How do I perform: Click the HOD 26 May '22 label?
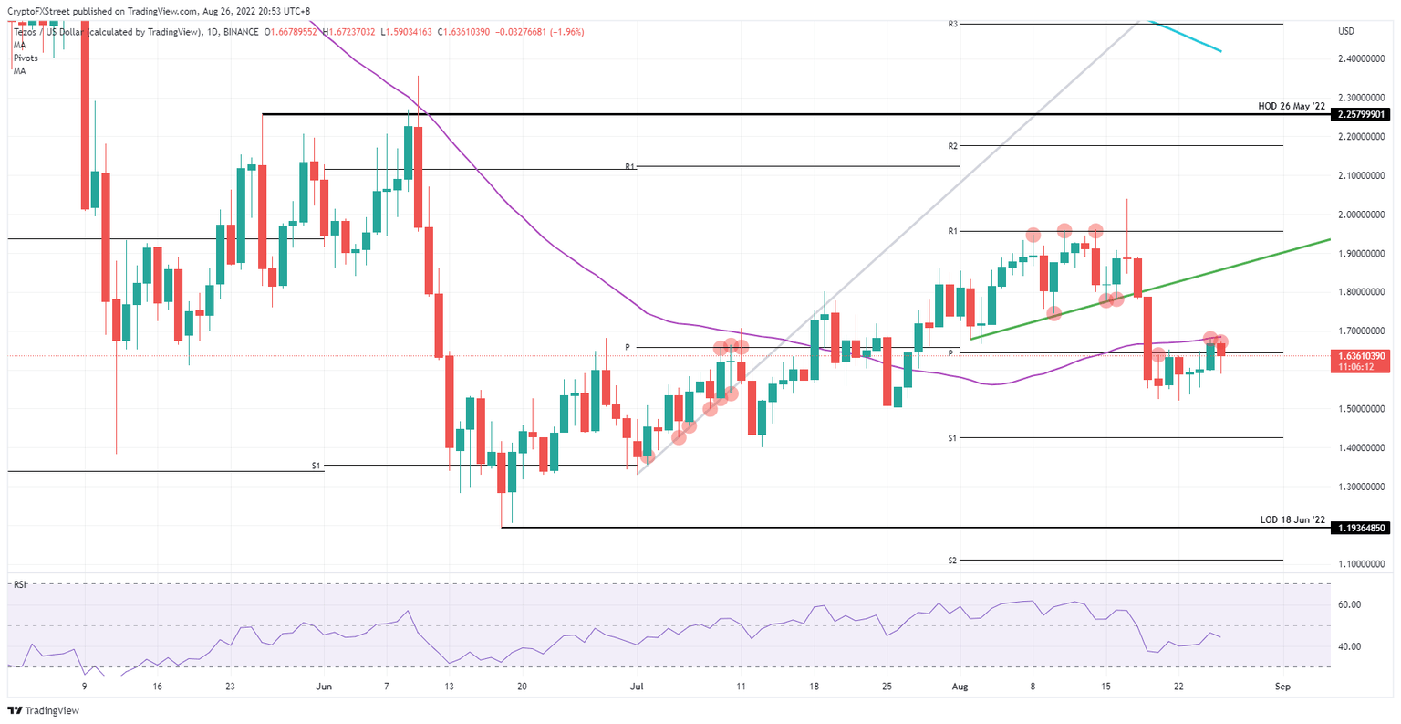click(x=1291, y=106)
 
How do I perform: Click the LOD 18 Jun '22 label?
click(x=1292, y=519)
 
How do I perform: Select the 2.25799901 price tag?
click(x=1362, y=114)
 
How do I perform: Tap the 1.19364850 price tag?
click(x=1362, y=528)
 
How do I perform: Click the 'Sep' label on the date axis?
click(x=1282, y=686)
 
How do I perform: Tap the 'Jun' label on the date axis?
click(x=321, y=686)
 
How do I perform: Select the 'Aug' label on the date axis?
click(x=960, y=686)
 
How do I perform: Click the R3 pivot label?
click(x=952, y=24)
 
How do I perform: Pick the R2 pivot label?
click(x=952, y=146)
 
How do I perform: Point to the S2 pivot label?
click(x=952, y=560)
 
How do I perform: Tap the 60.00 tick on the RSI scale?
click(x=1349, y=604)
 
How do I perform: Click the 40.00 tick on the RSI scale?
click(x=1349, y=646)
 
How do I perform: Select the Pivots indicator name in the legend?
click(x=26, y=58)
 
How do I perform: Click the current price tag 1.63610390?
click(x=1362, y=355)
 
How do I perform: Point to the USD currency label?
click(x=1346, y=31)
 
